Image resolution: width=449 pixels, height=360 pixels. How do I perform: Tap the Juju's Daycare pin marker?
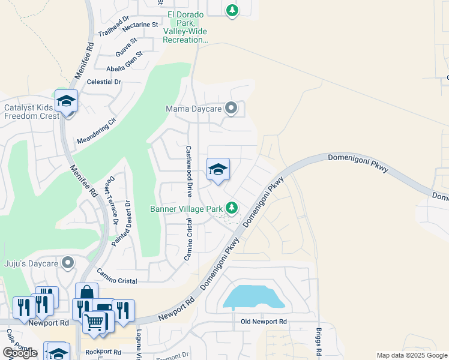tap(68, 262)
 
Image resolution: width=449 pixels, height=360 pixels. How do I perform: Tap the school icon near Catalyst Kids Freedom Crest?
tap(66, 101)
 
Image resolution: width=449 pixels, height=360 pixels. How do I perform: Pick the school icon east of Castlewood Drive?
tap(218, 170)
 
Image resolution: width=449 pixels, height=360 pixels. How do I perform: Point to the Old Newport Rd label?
tap(264, 322)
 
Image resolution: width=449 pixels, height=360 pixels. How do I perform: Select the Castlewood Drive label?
tap(188, 171)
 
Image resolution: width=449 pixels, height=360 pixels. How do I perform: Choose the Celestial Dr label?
tap(104, 82)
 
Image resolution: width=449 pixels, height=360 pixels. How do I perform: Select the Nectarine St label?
tap(139, 27)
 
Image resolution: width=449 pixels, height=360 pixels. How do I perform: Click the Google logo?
tap(20, 353)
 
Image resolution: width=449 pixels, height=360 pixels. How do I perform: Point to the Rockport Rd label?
tap(100, 352)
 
